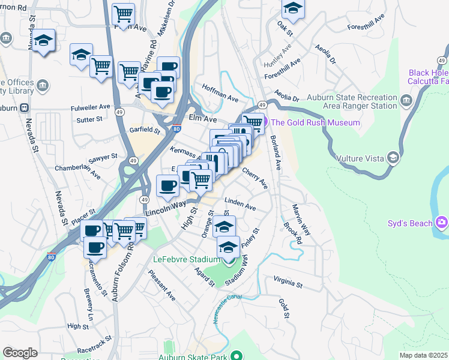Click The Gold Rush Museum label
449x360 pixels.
click(315, 122)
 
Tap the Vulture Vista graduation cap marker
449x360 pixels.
click(393, 158)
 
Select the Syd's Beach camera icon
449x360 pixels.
click(442, 224)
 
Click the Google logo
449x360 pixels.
click(20, 352)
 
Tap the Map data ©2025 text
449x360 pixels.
click(424, 355)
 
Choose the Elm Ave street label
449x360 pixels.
click(202, 119)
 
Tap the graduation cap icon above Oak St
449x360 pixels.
click(292, 7)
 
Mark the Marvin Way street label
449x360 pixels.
click(301, 219)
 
